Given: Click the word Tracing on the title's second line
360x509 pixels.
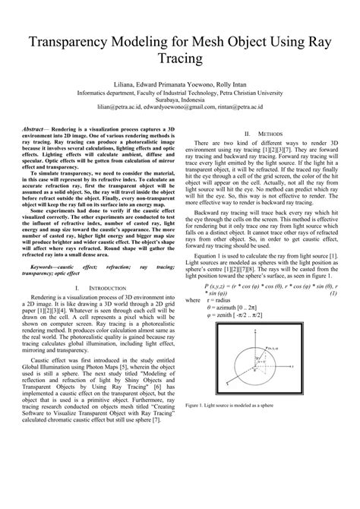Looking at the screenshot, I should [x=180, y=58].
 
